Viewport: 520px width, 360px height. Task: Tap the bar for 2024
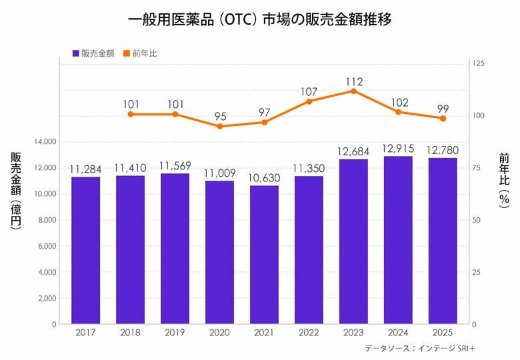[x=398, y=240]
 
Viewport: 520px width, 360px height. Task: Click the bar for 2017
[x=85, y=251]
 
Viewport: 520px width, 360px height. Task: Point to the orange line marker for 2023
[x=353, y=91]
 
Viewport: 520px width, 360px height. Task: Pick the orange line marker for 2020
[x=219, y=126]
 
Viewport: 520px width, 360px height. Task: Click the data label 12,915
[x=398, y=148]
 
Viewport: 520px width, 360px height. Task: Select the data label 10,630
[x=264, y=177]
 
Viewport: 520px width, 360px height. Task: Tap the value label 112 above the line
[x=353, y=81]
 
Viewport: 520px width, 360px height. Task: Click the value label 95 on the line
[x=220, y=116]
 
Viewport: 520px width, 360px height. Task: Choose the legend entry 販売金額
[x=95, y=53]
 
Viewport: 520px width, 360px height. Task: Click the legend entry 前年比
[x=144, y=53]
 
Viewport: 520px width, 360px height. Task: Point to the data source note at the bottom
[x=419, y=348]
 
